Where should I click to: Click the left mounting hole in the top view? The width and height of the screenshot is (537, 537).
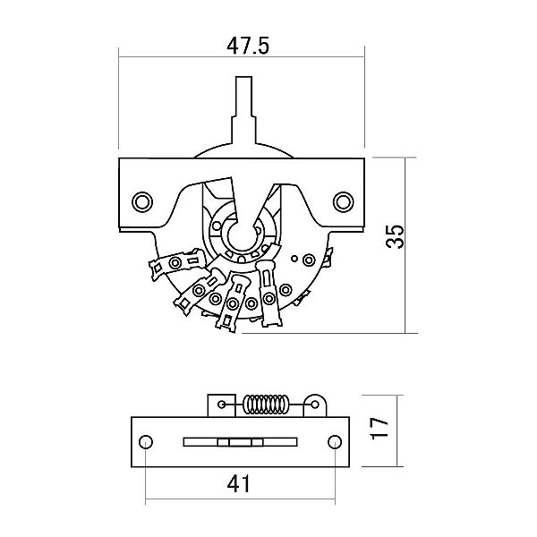[141, 200]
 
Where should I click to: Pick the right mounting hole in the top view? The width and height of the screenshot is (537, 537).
[343, 200]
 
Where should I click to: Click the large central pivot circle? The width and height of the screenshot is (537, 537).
[240, 235]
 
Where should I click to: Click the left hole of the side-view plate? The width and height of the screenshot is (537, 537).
[144, 441]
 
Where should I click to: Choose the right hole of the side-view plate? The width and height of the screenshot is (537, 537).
[333, 441]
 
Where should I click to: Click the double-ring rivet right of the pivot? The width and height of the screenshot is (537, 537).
[309, 260]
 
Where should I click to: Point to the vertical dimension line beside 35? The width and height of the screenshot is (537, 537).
[407, 243]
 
